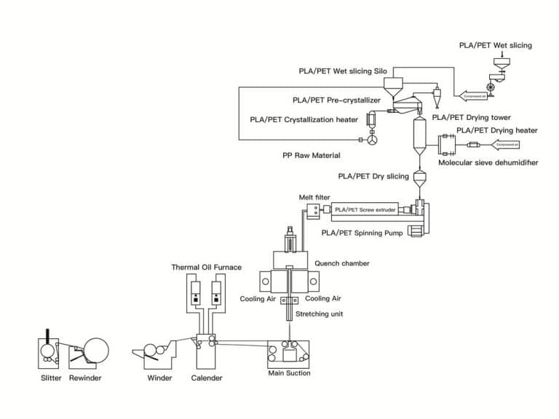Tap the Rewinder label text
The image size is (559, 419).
[85, 378]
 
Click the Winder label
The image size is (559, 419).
[159, 378]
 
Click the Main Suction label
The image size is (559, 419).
[288, 373]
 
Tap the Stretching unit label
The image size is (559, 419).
[319, 314]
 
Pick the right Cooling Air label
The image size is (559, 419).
[323, 298]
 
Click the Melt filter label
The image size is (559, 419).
[315, 197]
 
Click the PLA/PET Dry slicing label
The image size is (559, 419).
[373, 176]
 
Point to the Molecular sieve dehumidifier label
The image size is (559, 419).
[488, 163]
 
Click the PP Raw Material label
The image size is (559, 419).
[311, 156]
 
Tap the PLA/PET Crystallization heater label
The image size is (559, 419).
[304, 119]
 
